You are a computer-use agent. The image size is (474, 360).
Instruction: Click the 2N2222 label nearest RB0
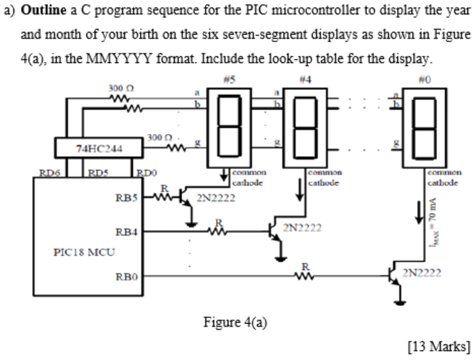(421, 275)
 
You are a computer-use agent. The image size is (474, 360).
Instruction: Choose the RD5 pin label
(93, 173)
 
